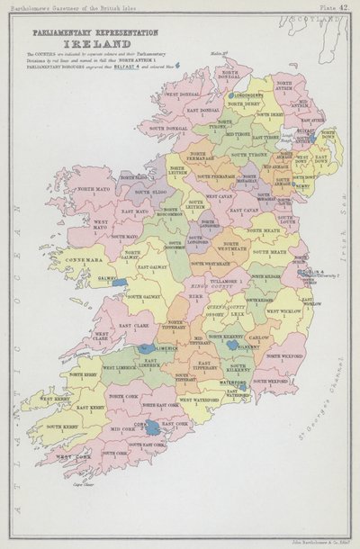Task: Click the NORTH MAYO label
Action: click(x=91, y=190)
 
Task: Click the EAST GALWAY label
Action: click(x=151, y=266)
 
